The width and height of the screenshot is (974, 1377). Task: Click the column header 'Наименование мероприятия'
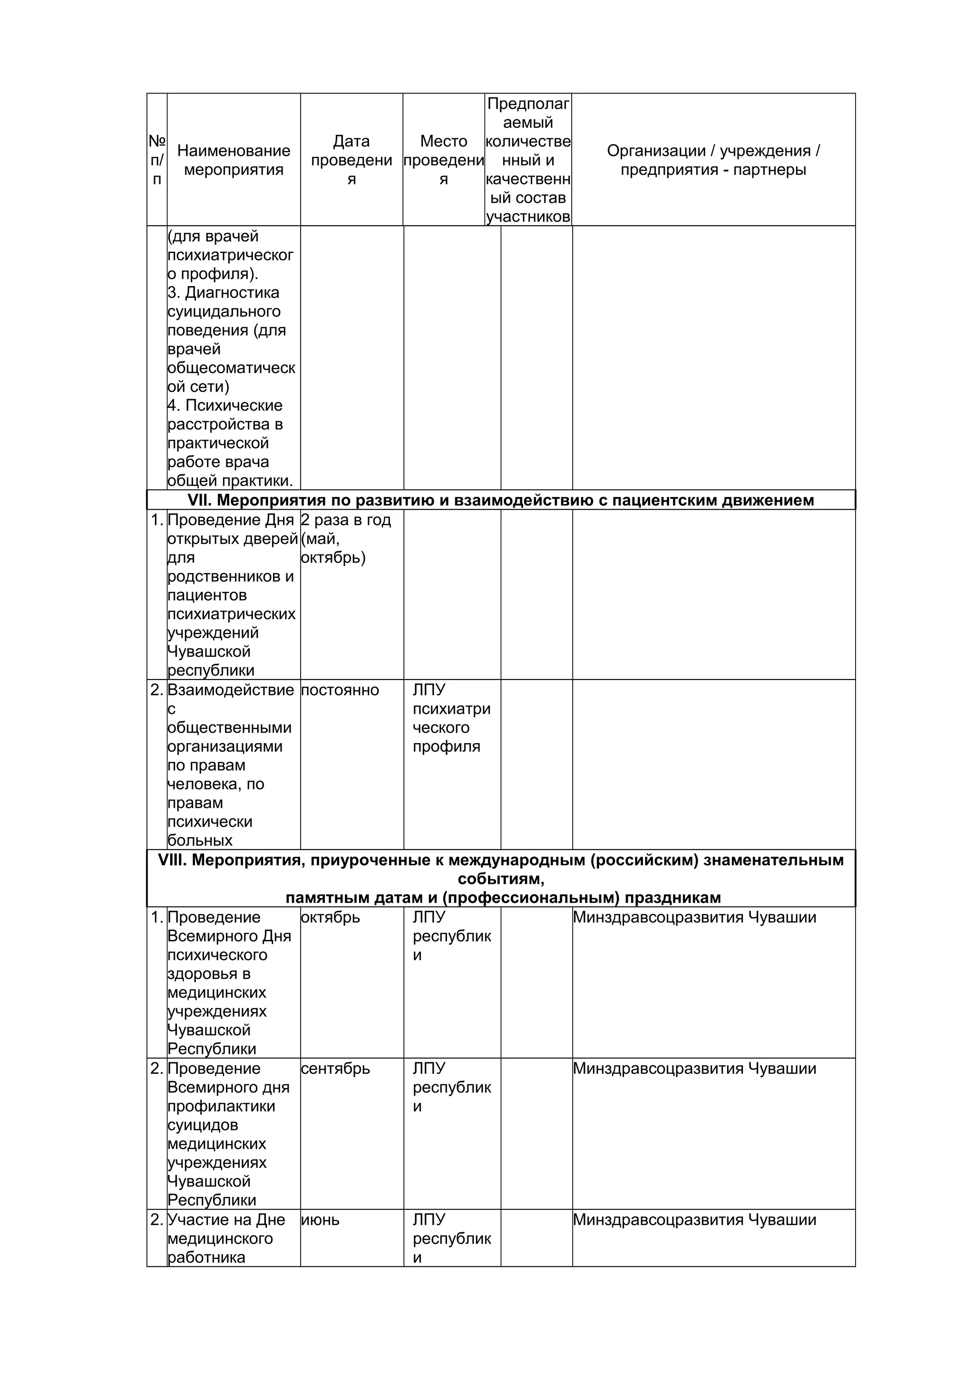point(234,160)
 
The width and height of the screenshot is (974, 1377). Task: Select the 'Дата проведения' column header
point(351,160)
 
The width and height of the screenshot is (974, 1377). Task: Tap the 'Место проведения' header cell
point(444,160)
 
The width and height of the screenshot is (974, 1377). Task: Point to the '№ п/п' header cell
point(156,160)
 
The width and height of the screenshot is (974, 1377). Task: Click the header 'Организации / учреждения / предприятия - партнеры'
point(713,160)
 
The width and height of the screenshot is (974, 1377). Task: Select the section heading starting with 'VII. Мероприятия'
point(500,500)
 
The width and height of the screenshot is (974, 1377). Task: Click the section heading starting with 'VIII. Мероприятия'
point(500,878)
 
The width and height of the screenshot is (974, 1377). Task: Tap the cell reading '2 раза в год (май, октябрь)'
point(345,538)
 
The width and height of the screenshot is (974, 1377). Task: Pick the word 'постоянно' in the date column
point(340,690)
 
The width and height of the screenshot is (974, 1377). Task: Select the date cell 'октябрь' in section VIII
point(330,918)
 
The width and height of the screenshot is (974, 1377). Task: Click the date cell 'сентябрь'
point(335,1069)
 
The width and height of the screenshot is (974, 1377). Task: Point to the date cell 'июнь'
point(320,1220)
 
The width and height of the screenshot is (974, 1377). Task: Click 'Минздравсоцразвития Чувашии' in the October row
point(694,918)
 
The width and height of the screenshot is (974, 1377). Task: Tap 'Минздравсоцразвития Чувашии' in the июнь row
point(694,1220)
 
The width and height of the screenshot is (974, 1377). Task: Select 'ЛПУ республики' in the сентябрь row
point(451,1087)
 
